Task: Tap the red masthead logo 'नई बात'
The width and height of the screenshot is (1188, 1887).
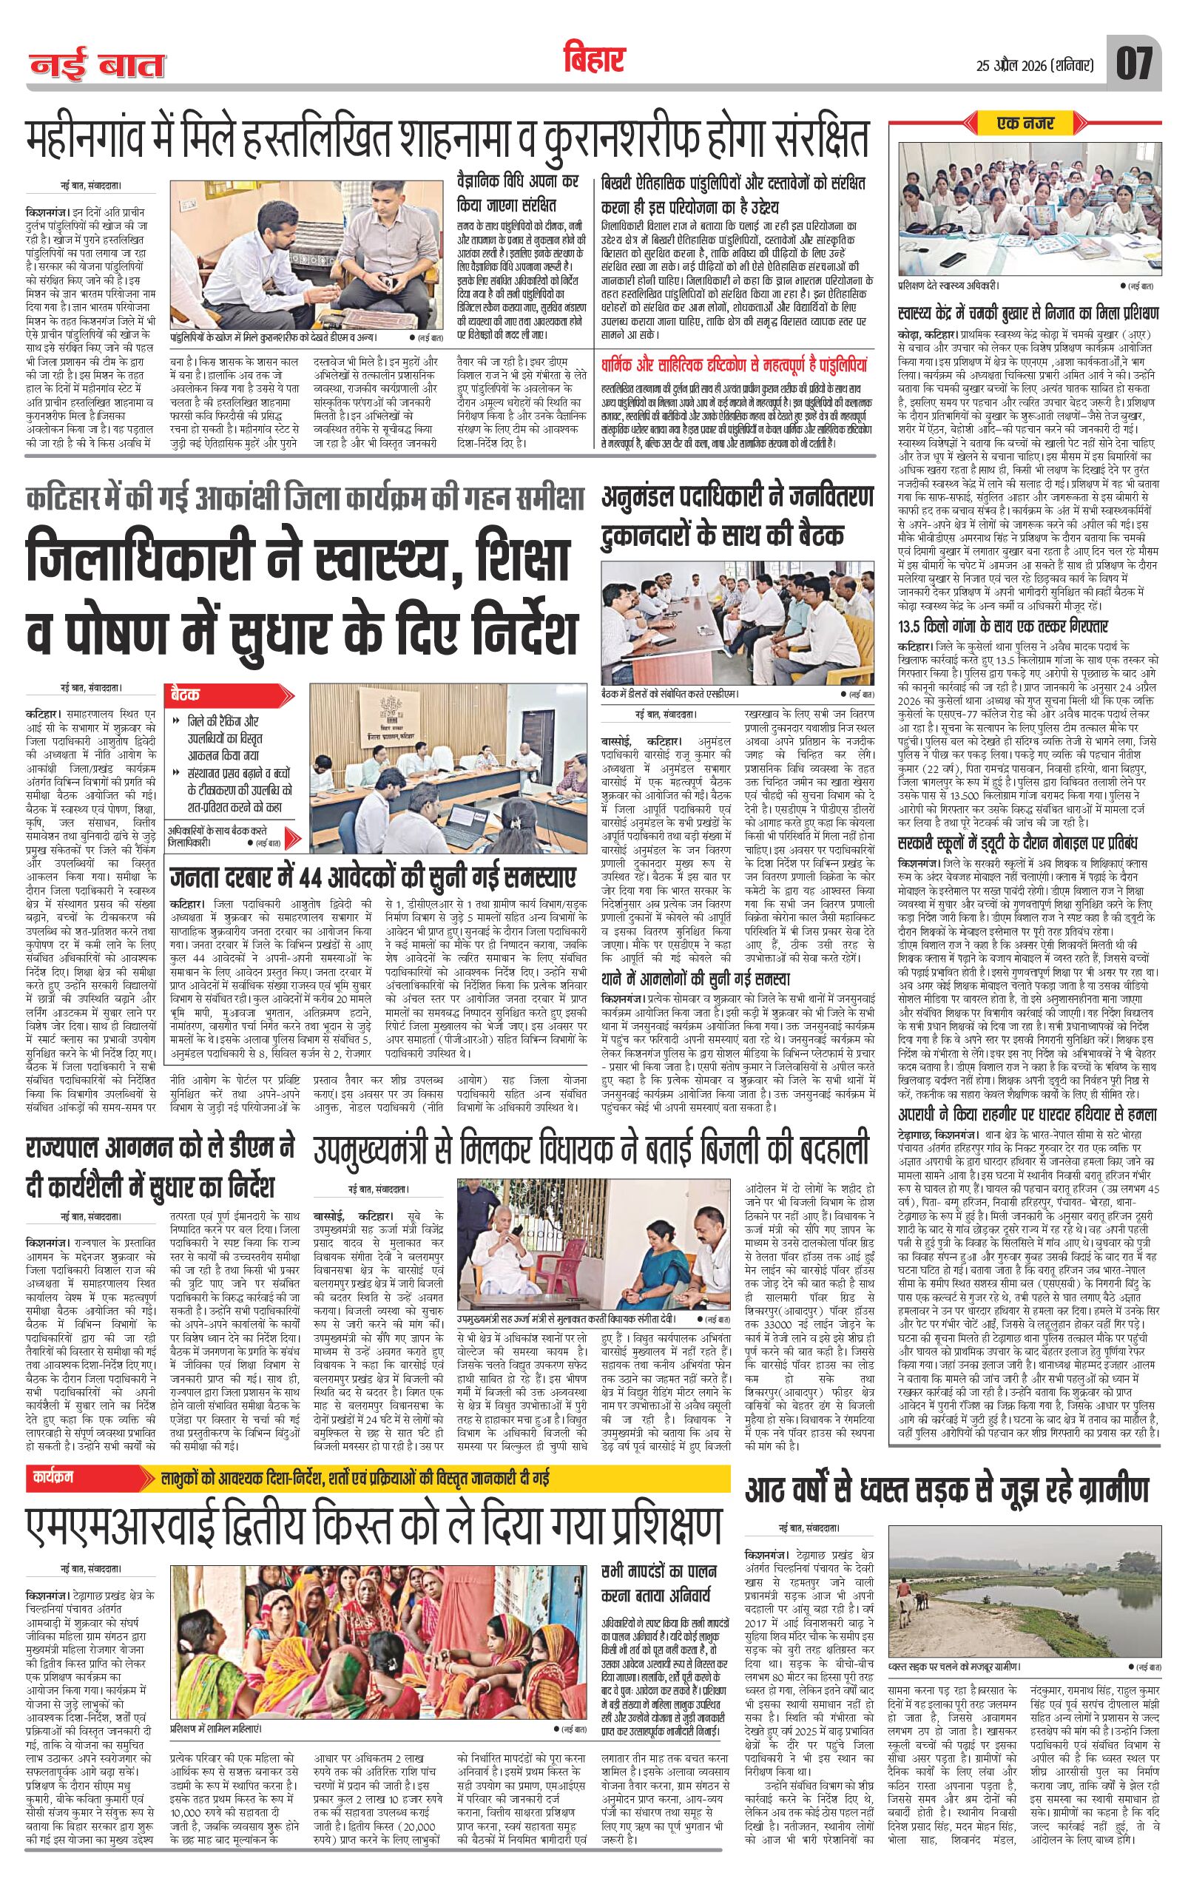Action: click(x=97, y=66)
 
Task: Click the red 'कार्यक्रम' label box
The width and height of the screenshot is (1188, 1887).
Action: click(x=53, y=1477)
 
